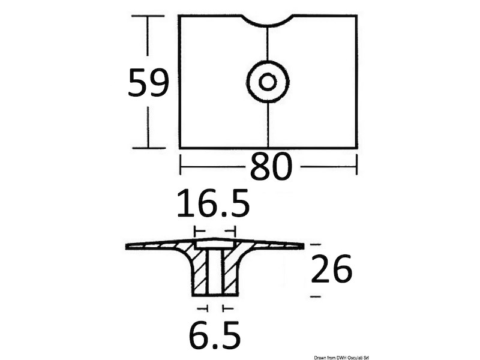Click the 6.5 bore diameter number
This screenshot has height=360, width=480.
[x=214, y=336]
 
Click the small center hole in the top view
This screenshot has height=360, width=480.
[x=268, y=81]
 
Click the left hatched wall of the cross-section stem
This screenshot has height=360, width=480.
[x=199, y=270]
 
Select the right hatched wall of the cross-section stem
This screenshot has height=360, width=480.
[x=230, y=270]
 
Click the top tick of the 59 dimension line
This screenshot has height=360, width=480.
[x=148, y=16]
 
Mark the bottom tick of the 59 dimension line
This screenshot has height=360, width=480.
[x=148, y=147]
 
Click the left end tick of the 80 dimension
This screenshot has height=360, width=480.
[x=181, y=165]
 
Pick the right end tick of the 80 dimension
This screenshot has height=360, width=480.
[x=357, y=165]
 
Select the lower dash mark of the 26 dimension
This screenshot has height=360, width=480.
[x=316, y=297]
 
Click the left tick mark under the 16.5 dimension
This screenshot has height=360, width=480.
[x=196, y=230]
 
